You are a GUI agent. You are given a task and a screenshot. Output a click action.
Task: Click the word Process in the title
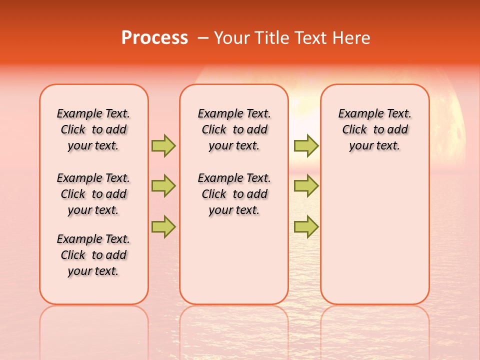[x=154, y=38]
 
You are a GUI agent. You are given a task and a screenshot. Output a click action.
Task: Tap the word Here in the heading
[x=351, y=38]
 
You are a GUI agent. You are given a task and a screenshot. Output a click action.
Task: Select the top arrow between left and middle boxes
[x=163, y=145]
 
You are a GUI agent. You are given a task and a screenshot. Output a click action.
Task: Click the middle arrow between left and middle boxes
[x=163, y=186]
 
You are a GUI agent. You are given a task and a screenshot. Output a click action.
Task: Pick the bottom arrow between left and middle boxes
[x=163, y=227]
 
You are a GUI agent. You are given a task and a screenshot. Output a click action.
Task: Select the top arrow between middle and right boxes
[x=306, y=145]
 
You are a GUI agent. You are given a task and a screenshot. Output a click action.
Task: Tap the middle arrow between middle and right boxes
[x=306, y=186]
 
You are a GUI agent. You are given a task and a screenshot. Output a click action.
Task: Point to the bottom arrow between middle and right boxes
[x=306, y=227]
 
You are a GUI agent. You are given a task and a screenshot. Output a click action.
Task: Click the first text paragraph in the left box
[x=93, y=129]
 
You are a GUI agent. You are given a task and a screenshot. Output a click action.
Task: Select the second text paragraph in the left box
[x=93, y=194]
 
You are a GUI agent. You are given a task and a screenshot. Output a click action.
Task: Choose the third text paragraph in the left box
[x=93, y=255]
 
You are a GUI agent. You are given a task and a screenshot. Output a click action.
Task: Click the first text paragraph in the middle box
[x=234, y=129]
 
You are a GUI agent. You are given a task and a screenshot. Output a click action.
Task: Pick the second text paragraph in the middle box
[x=234, y=194]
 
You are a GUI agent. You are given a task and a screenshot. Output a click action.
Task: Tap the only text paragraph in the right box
[x=374, y=129]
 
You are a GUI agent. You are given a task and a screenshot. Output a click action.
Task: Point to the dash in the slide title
[x=203, y=38]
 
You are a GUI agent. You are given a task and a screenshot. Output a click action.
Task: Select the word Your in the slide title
[x=231, y=38]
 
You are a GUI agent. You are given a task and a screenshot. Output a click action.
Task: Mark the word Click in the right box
[x=354, y=130]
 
